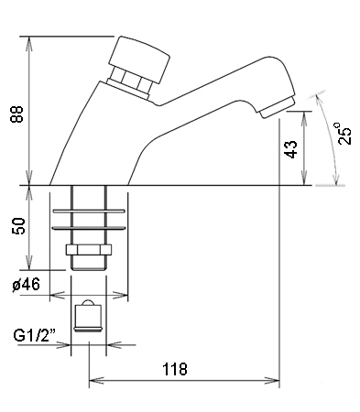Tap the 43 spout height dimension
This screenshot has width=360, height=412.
(x=291, y=149)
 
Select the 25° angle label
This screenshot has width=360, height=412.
(x=344, y=134)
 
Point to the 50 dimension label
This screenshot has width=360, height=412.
(x=18, y=226)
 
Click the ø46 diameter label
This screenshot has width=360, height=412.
(x=27, y=285)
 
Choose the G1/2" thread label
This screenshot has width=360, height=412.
(x=34, y=335)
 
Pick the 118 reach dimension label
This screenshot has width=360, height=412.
(x=175, y=369)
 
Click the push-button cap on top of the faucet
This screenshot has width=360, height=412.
(x=139, y=60)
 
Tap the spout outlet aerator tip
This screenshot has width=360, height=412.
(x=278, y=107)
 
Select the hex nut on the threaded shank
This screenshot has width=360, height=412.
(x=89, y=250)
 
